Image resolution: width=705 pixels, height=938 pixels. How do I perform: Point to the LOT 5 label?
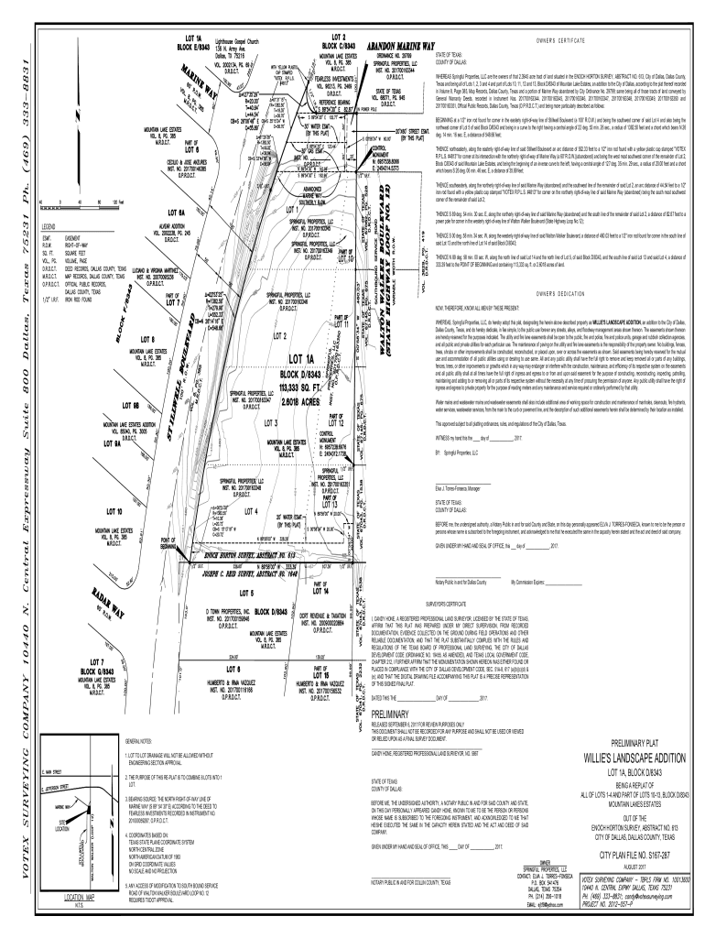[x=245, y=593]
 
